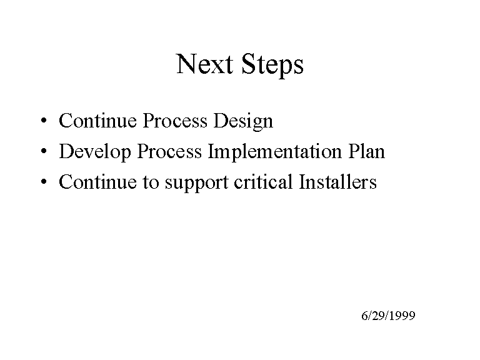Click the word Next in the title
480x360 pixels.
(204, 64)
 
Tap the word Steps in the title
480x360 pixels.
(272, 65)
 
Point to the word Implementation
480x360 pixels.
(274, 152)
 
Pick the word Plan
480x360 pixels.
(367, 151)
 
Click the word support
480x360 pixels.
(196, 183)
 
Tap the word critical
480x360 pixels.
(263, 181)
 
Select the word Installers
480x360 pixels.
(337, 181)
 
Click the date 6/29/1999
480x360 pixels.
(388, 316)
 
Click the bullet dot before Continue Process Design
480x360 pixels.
(44, 120)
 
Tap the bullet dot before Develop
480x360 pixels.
(44, 151)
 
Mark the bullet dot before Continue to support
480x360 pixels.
(44, 181)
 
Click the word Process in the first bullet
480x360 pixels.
(175, 120)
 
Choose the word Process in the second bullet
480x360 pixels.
(169, 151)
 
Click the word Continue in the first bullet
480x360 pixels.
(97, 120)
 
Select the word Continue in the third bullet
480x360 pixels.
(97, 181)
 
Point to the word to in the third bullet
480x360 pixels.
(151, 182)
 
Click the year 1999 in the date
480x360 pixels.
(402, 316)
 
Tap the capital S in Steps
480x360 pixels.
(248, 64)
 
